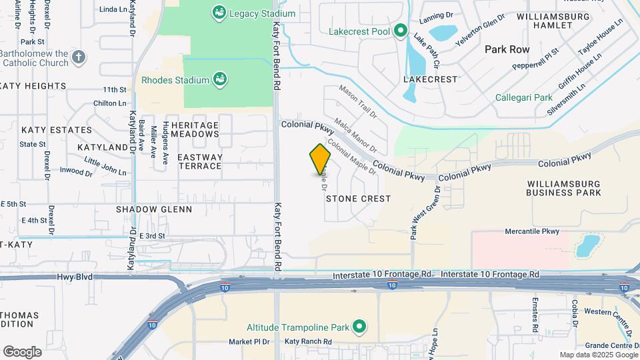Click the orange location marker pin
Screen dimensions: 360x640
(320, 159)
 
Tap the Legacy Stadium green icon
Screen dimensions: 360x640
(218, 12)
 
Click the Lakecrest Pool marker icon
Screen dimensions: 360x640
(400, 31)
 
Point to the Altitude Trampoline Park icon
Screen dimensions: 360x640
(360, 327)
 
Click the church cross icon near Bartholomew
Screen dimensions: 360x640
(78, 57)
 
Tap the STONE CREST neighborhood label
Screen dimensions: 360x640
(358, 199)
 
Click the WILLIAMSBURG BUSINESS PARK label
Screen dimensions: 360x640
(563, 188)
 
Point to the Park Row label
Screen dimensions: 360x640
(507, 49)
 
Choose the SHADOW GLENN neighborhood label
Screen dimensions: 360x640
(154, 209)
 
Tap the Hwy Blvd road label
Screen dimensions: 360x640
(74, 277)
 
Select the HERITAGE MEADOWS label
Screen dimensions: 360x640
(195, 129)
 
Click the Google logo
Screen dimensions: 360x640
(22, 351)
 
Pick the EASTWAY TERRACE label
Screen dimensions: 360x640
(199, 161)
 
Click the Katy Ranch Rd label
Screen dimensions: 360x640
(308, 341)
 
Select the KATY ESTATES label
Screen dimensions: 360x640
(57, 130)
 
